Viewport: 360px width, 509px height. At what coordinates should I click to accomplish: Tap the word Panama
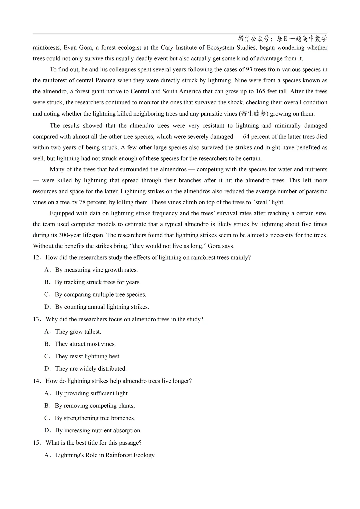(105, 80)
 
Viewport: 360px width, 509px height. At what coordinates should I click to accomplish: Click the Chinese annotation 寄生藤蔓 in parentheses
(254, 114)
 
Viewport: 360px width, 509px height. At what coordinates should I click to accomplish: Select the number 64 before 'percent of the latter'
(246, 137)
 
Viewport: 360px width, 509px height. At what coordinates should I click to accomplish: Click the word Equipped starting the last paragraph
(62, 213)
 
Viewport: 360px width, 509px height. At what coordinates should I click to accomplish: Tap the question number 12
(36, 257)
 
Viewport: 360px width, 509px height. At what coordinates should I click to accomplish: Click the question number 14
(36, 381)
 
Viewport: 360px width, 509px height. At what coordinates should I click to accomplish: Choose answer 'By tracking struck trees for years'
(98, 282)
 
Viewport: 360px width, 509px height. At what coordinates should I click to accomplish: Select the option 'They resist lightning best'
(88, 356)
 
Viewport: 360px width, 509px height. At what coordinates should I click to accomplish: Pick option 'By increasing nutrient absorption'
(98, 430)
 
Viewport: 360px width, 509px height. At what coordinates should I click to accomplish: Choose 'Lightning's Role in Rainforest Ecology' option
(105, 455)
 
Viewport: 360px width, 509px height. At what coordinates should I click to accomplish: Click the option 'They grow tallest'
(78, 332)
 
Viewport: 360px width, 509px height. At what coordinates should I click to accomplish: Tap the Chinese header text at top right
(282, 39)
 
